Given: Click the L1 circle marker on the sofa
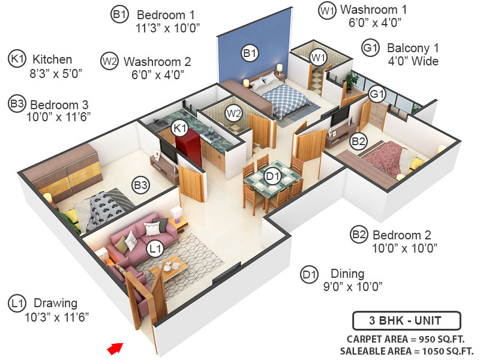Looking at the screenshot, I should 155,247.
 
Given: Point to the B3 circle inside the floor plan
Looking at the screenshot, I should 141,185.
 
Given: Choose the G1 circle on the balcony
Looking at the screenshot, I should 376,94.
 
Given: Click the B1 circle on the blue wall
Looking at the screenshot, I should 250,53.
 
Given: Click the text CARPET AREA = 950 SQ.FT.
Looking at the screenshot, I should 406,338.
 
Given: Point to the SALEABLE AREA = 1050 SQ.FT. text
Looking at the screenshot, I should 407,351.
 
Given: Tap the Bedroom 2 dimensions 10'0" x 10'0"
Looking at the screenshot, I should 403,247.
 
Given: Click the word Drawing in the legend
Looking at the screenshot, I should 55,303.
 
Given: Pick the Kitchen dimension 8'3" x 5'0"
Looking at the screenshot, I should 53,73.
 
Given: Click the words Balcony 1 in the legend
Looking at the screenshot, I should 413,47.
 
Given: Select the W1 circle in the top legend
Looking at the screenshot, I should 326,11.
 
